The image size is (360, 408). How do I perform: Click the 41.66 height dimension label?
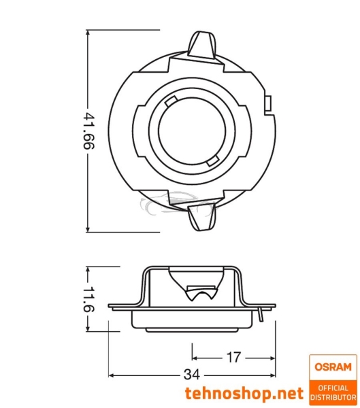click(88, 131)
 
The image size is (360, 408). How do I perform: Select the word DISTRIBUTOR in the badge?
click(333, 396)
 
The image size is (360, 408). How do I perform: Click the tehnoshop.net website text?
click(244, 394)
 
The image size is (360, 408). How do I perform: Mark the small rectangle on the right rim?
click(267, 106)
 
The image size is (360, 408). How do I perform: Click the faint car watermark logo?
click(169, 203)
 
